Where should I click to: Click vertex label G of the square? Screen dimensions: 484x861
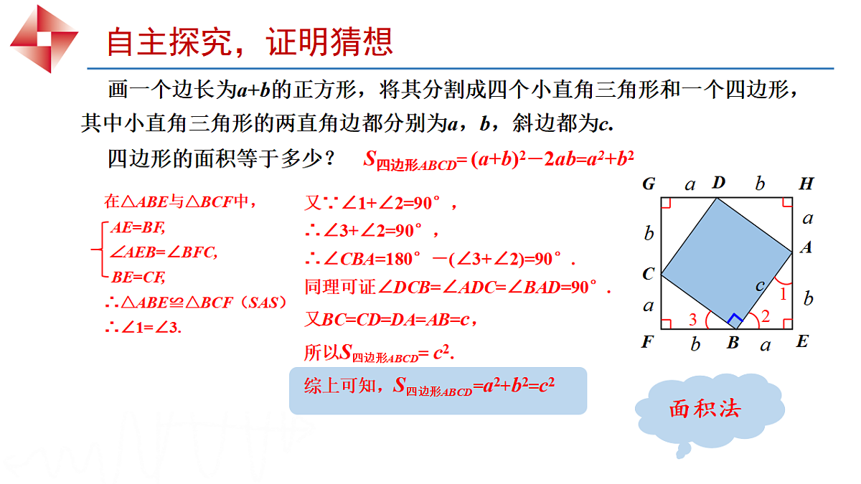[649, 184]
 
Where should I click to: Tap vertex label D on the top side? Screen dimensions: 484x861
[718, 184]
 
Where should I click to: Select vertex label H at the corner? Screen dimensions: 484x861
[806, 184]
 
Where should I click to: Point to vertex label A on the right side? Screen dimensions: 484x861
[806, 247]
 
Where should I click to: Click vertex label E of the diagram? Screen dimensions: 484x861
[802, 342]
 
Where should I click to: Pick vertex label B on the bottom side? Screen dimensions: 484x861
[733, 343]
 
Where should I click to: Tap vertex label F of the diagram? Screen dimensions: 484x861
[647, 342]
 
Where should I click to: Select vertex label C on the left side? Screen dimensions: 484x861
[649, 274]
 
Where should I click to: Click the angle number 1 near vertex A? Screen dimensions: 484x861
[783, 293]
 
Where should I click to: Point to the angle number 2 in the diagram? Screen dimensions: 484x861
[765, 316]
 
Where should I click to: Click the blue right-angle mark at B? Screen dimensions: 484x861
[735, 320]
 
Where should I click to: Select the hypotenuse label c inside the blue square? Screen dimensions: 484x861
[760, 285]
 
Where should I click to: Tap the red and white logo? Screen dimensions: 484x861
[44, 37]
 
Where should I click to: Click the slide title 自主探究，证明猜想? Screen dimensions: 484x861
[249, 42]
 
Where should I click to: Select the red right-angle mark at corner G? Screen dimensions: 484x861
[665, 203]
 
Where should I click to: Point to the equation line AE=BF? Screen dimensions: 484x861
[138, 228]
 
